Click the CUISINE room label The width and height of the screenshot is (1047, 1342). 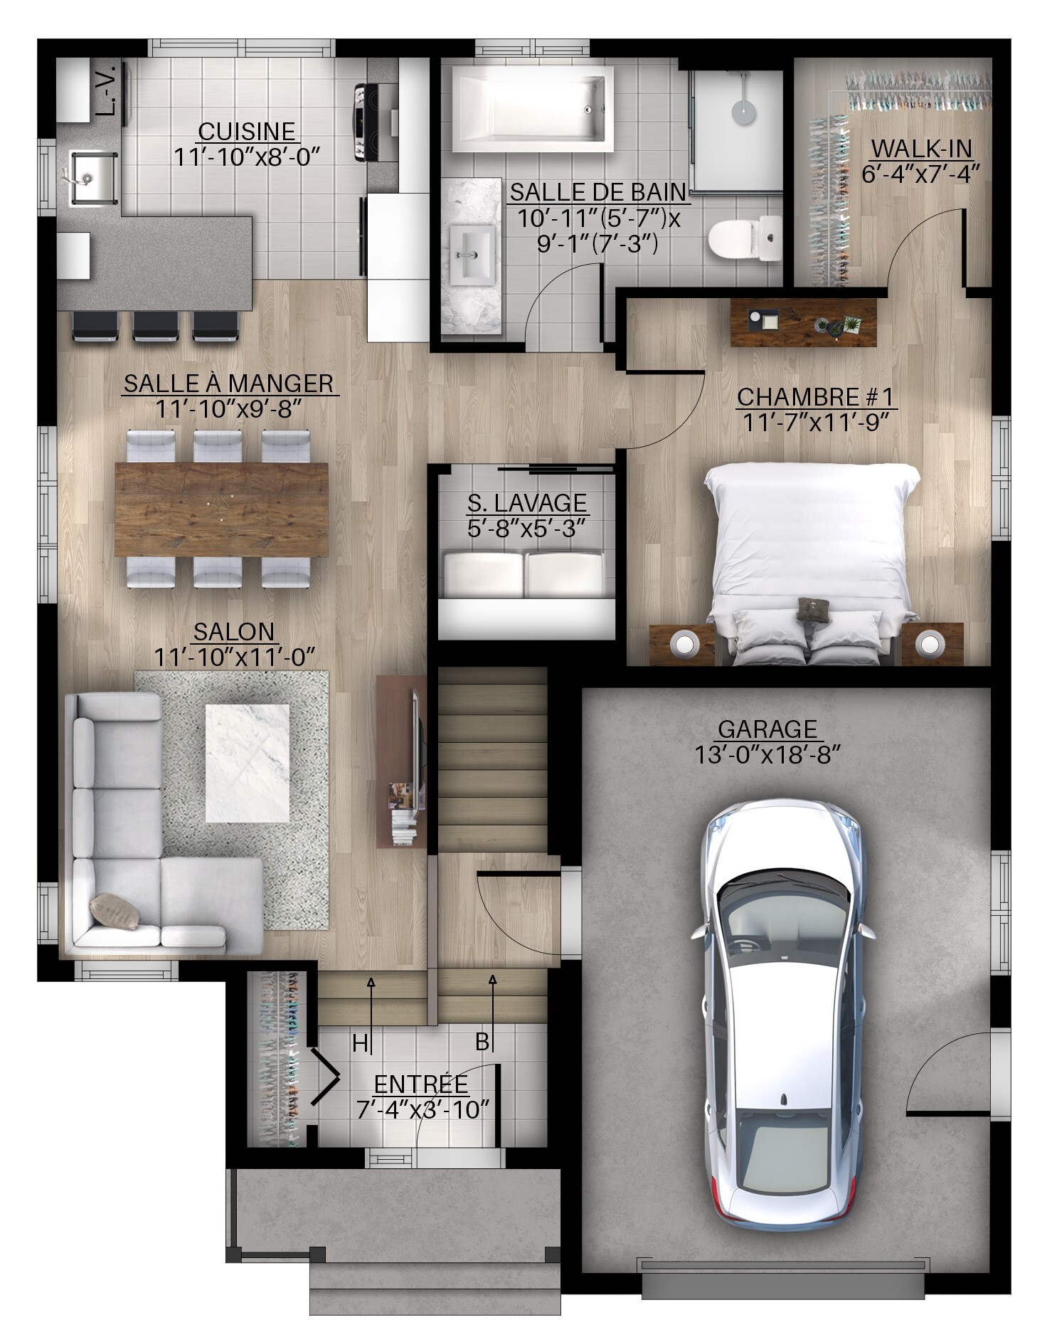tap(247, 132)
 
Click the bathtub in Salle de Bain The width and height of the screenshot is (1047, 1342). tap(533, 109)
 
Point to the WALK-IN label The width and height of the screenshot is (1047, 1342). tap(922, 149)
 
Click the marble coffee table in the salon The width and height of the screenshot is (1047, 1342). tap(248, 763)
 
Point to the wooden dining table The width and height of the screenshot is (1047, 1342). tap(221, 509)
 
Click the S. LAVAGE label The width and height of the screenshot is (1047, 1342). tap(527, 503)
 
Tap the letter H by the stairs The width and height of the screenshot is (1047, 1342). tap(361, 1043)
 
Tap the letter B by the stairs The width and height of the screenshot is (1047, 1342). tap(482, 1042)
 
